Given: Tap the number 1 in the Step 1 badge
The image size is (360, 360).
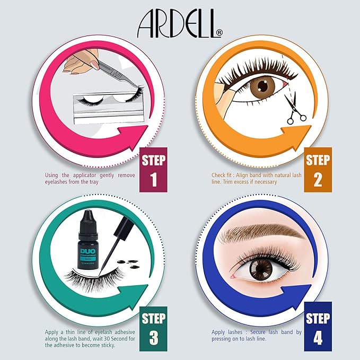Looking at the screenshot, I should pyautogui.click(x=154, y=180).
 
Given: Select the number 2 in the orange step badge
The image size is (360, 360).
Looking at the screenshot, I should pyautogui.click(x=318, y=180).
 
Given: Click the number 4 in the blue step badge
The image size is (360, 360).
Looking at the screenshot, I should pyautogui.click(x=318, y=337).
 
